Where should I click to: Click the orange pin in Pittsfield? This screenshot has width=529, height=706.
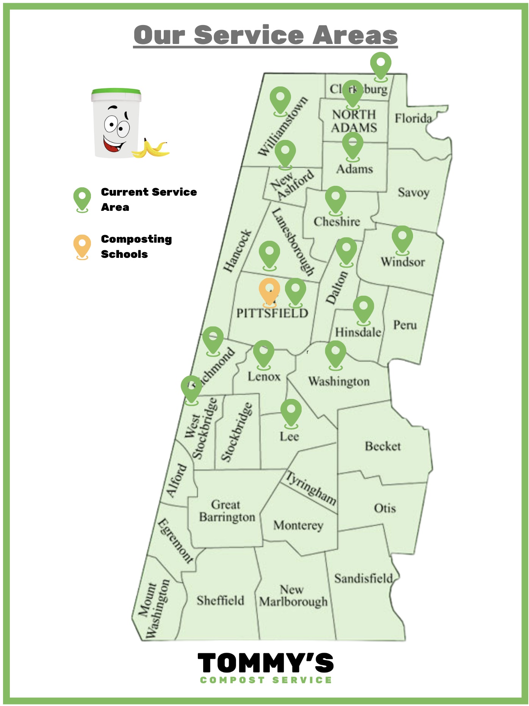pos(269,290)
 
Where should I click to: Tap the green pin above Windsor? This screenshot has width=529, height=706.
pos(402,238)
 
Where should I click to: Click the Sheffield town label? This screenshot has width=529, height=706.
pos(220,601)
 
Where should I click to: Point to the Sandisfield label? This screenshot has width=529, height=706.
pos(363,579)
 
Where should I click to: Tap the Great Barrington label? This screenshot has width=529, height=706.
pos(227,511)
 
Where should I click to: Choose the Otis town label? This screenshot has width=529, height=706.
pos(385,508)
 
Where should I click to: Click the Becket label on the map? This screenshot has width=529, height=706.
pos(383,446)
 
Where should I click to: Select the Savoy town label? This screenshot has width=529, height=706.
pos(413,193)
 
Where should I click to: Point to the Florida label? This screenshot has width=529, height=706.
pos(413,119)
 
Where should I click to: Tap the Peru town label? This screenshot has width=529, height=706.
pos(405,325)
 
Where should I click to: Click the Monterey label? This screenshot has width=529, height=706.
pos(298,526)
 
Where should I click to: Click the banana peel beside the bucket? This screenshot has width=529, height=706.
pos(152,149)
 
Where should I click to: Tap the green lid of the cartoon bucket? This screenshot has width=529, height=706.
pos(116,92)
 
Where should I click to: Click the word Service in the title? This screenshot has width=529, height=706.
pos(249,35)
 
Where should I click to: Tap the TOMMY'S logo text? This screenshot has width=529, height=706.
pos(265,663)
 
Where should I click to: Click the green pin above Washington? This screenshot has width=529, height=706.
pos(335,353)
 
